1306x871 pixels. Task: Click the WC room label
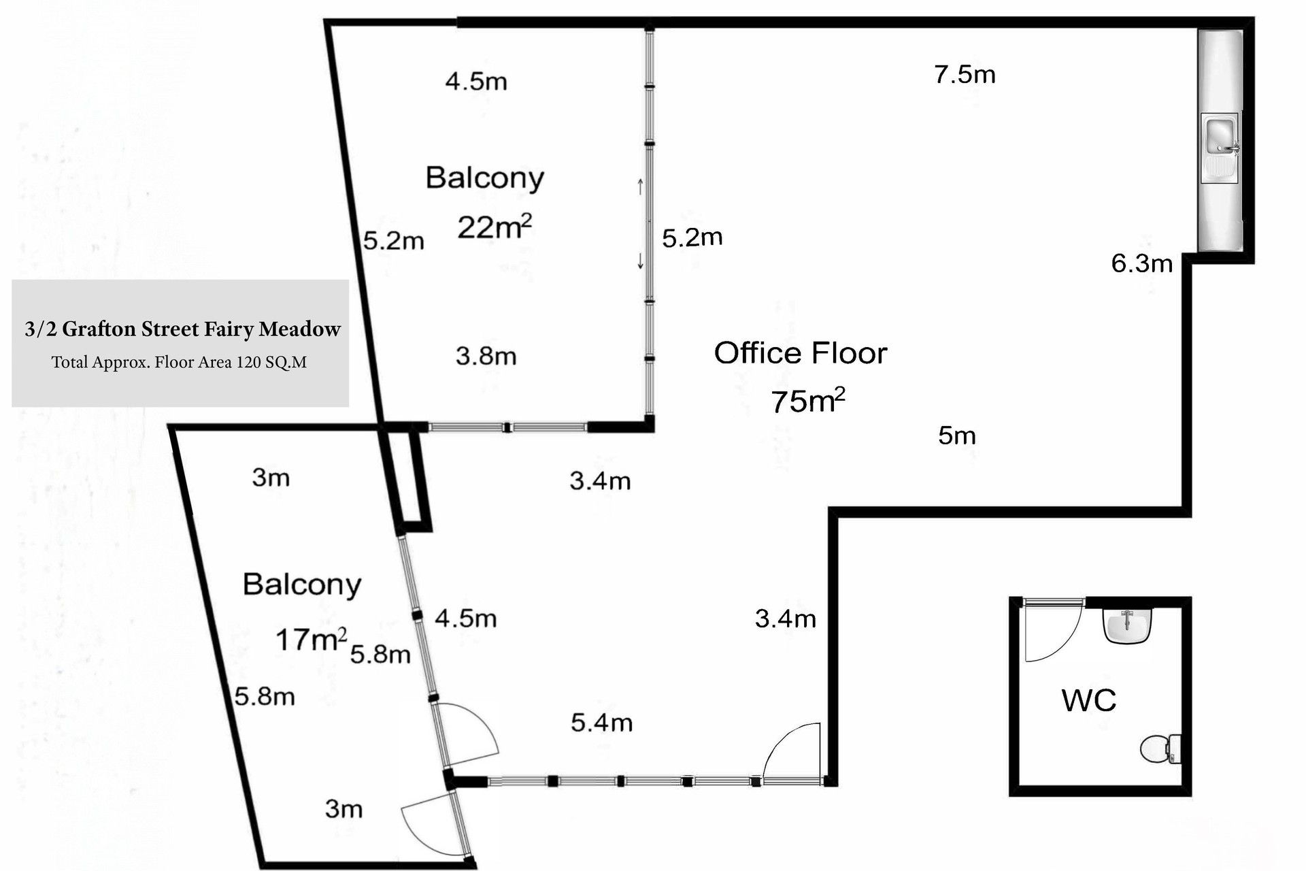tap(1088, 700)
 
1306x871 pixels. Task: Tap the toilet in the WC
tap(1161, 749)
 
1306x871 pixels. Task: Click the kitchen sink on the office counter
tap(1220, 148)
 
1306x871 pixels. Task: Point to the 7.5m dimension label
tap(965, 74)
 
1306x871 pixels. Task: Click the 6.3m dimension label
tap(1142, 263)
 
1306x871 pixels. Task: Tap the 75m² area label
tap(808, 401)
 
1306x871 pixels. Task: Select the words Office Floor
tap(801, 353)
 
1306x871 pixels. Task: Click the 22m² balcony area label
tap(495, 227)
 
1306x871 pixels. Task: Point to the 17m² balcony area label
tap(311, 640)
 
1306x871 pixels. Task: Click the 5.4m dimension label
tap(601, 723)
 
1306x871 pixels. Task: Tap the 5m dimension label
tap(957, 435)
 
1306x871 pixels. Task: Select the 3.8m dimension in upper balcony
tap(486, 356)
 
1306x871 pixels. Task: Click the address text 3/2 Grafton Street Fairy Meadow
tap(182, 329)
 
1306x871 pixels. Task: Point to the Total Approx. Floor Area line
tap(180, 362)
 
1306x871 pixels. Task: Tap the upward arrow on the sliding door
tap(640, 186)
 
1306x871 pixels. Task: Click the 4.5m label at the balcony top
tap(476, 82)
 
